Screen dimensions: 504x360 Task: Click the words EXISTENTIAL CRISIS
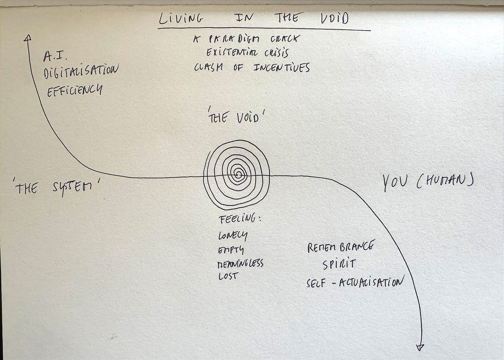pos(247,53)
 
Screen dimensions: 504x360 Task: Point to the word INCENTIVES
pos(281,67)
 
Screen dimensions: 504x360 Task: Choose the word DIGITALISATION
pos(81,72)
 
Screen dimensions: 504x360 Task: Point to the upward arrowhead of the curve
pos(28,38)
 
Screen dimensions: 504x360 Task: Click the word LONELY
pos(233,236)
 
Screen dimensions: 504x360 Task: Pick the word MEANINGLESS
pos(240,264)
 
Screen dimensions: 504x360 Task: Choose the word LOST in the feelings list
pos(228,276)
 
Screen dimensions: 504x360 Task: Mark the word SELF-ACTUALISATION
pos(355,283)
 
